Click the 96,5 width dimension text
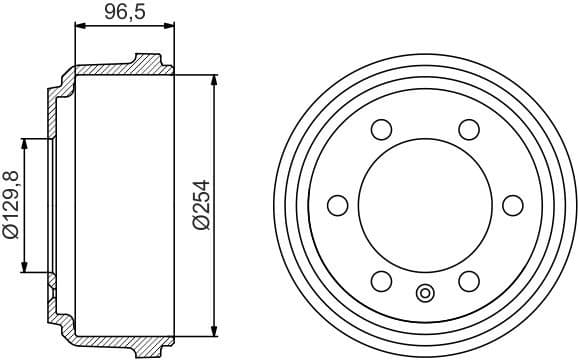click(124, 13)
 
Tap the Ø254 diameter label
click(200, 206)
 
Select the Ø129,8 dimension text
click(11, 205)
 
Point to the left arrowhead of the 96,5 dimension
click(81, 32)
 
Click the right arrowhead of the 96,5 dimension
click(168, 32)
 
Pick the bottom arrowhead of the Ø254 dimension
click(214, 331)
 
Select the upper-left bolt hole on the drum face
click(381, 129)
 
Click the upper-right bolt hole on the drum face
click(468, 129)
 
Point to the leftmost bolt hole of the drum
click(337, 205)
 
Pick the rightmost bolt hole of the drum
click(512, 205)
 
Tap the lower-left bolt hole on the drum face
click(381, 281)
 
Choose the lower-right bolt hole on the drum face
click(468, 281)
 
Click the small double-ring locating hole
click(425, 293)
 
